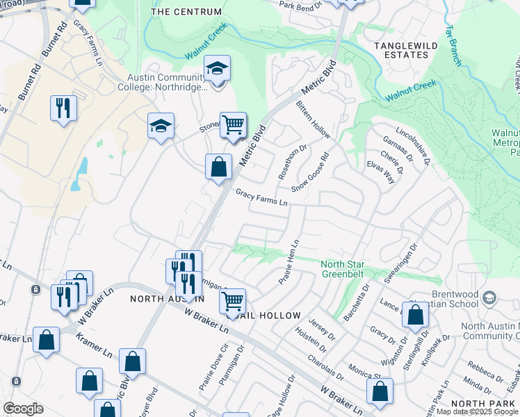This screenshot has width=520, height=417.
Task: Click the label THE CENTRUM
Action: coord(186,12)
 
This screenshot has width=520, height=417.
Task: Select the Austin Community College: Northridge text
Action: coord(167,82)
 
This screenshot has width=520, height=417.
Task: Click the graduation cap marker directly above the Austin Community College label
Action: coord(218,69)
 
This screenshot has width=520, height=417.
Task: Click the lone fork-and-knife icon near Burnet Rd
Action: coord(63,108)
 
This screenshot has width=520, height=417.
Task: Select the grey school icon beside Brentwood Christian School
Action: coord(489,297)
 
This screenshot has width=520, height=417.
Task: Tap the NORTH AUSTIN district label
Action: coord(167,298)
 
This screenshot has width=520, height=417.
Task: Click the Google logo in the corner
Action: coord(23,409)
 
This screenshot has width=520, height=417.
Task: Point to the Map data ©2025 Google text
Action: coord(477,411)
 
